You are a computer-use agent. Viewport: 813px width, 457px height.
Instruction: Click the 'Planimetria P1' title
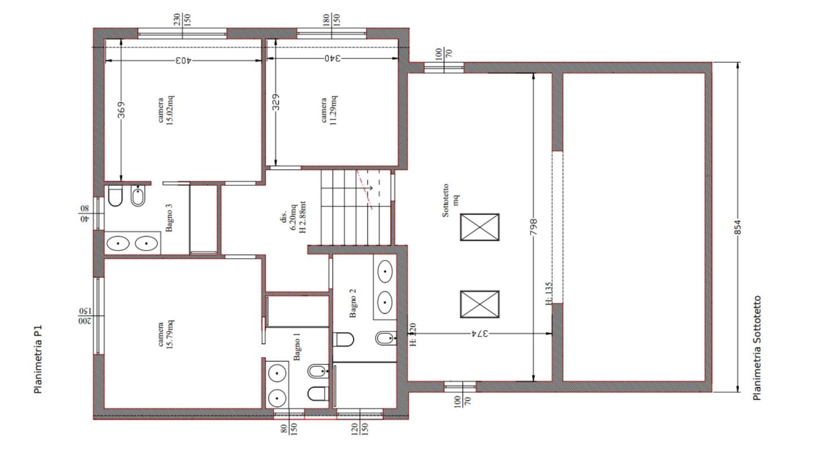coord(38,359)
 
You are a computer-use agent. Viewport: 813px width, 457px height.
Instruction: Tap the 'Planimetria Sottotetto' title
coord(757,348)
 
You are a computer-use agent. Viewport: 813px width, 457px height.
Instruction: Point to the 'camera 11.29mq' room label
coord(329,110)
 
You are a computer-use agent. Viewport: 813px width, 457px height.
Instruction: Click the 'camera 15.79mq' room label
coord(165,335)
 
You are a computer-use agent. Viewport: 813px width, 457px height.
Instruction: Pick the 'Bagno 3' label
coord(169,218)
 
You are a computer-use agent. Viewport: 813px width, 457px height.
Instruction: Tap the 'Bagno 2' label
coord(352,303)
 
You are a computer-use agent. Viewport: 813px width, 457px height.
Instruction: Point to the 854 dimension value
coord(737,227)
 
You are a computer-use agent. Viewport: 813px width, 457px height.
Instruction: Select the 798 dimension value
coord(533,226)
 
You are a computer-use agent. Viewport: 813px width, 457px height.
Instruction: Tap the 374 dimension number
coord(480,333)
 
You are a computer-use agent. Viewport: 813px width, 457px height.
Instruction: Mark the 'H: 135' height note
coord(549,293)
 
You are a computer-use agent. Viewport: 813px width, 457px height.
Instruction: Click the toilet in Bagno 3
coord(115,196)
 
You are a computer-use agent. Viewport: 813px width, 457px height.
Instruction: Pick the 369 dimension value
coord(121,109)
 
